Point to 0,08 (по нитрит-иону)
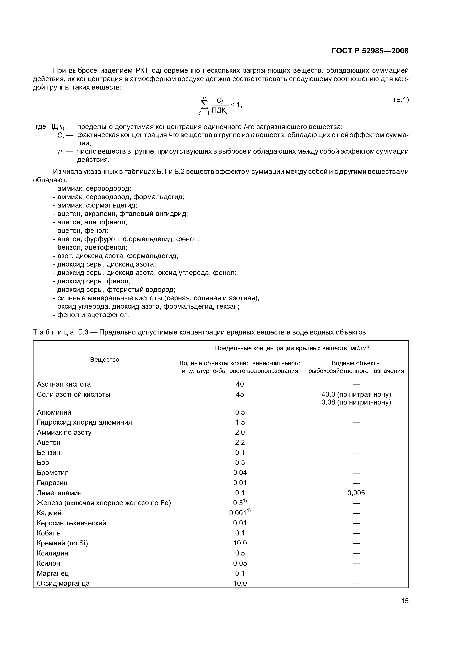(x=356, y=402)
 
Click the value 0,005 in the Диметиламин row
(x=356, y=493)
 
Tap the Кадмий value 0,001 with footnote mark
(x=239, y=513)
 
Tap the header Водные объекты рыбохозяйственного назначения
(x=356, y=367)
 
